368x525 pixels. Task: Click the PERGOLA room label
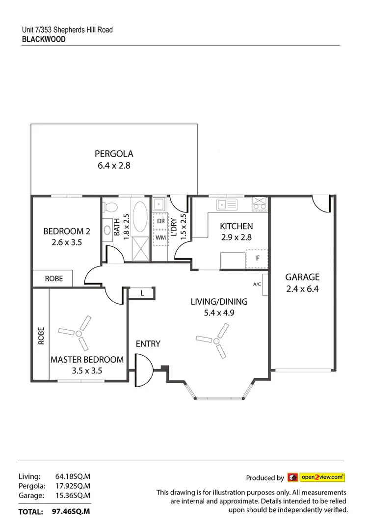point(114,154)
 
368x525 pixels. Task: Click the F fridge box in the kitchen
point(257,258)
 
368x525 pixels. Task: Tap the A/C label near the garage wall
point(257,284)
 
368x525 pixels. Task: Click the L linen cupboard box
point(142,293)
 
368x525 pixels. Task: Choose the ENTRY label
point(148,344)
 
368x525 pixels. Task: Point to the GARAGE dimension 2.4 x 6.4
point(302,289)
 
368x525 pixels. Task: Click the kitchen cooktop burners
point(260,204)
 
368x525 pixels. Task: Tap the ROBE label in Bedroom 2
point(53,278)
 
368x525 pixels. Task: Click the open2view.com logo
point(322,476)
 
